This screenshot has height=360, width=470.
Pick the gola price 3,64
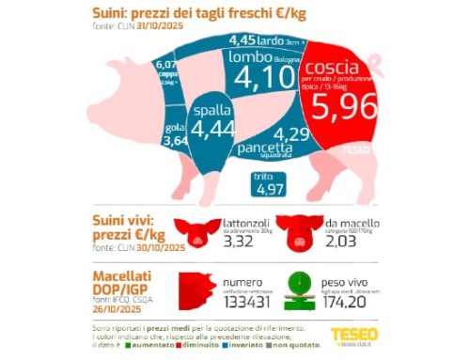click(175, 141)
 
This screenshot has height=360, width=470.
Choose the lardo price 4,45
click(245, 40)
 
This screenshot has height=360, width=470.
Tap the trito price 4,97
click(269, 191)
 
